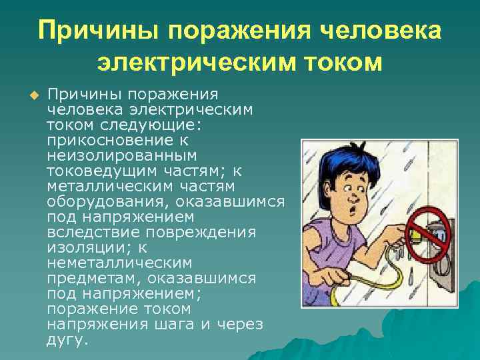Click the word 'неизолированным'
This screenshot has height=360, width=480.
(122, 155)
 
